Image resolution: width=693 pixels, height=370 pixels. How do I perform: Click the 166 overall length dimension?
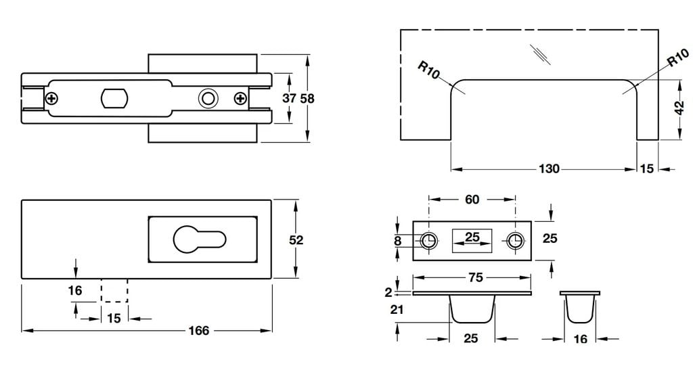[x=199, y=331]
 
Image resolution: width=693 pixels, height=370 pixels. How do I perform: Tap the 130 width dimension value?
[x=549, y=169]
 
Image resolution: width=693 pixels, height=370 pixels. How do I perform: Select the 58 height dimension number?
[x=307, y=99]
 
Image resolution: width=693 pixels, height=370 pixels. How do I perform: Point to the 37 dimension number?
[x=289, y=98]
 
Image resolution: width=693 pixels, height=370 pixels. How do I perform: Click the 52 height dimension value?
[x=296, y=239]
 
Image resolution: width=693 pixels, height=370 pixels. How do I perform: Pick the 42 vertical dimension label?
[x=680, y=108]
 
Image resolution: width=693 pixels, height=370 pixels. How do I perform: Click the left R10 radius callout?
[x=428, y=70]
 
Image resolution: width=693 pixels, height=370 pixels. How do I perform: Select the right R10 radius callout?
[x=678, y=58]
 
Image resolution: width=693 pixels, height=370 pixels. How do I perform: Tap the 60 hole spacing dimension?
[x=472, y=200]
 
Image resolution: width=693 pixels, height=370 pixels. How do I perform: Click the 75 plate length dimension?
[x=476, y=278]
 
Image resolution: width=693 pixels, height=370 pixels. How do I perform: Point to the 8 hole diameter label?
[x=398, y=241]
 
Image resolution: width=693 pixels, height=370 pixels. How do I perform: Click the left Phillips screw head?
[x=51, y=98]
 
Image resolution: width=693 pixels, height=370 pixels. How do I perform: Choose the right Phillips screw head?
[x=240, y=98]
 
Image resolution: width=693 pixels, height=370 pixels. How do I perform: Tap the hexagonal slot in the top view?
[x=114, y=98]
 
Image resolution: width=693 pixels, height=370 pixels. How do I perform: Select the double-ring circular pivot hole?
[x=208, y=98]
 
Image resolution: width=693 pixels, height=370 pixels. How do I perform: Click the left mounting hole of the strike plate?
[x=428, y=241]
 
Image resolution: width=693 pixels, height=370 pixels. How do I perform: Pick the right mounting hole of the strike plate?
[x=514, y=241]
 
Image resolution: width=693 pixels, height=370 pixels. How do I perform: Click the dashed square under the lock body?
[x=114, y=291]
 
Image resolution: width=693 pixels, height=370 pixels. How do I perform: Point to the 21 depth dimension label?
[x=397, y=310]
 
